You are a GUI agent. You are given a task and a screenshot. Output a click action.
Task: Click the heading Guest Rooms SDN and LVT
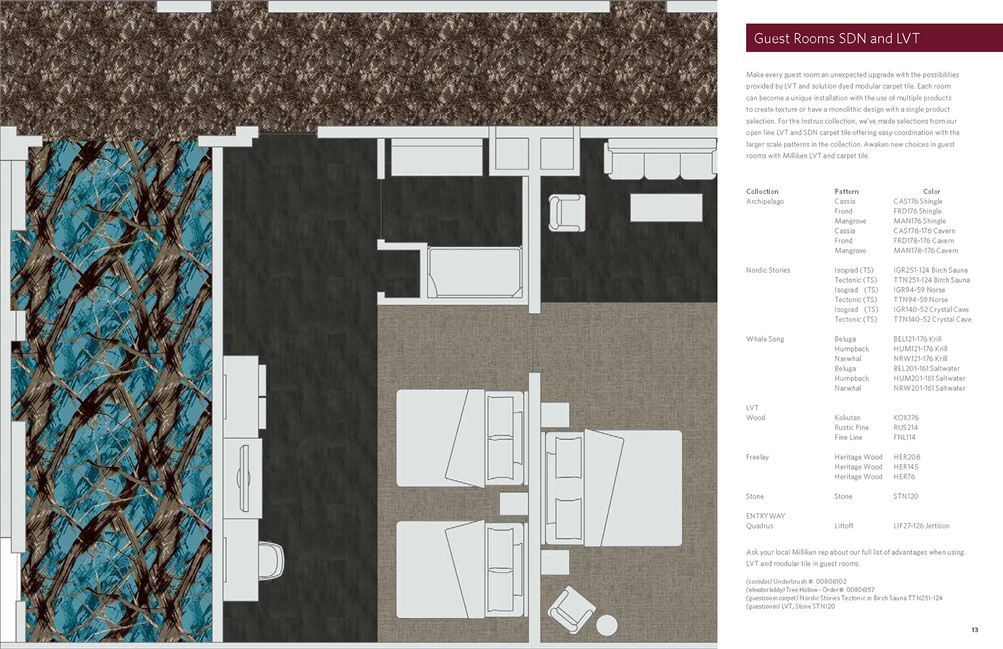pyautogui.click(x=836, y=39)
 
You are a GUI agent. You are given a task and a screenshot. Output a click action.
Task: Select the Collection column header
pyautogui.click(x=762, y=192)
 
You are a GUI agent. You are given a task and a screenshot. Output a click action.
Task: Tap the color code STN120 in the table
pyautogui.click(x=906, y=496)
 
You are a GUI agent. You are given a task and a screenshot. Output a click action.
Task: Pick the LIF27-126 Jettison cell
pyautogui.click(x=922, y=526)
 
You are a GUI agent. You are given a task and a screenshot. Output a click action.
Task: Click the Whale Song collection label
pyautogui.click(x=765, y=339)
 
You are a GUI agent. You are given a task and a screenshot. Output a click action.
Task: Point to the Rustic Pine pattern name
pyautogui.click(x=852, y=427)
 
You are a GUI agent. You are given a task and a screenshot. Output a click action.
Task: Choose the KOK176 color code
pyautogui.click(x=906, y=418)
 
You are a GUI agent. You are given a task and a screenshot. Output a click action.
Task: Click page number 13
pyautogui.click(x=975, y=630)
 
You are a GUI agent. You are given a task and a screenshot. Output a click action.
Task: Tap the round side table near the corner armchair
pyautogui.click(x=607, y=625)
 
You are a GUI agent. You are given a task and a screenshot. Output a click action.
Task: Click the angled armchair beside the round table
pyautogui.click(x=571, y=610)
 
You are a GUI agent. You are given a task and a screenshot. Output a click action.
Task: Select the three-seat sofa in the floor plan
pyautogui.click(x=660, y=159)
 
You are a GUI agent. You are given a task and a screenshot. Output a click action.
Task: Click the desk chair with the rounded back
pyautogui.click(x=271, y=561)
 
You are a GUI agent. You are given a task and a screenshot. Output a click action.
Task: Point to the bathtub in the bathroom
pyautogui.click(x=475, y=272)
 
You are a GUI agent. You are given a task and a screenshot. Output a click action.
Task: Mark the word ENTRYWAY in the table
pyautogui.click(x=765, y=516)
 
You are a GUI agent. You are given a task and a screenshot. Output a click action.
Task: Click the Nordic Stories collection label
pyautogui.click(x=768, y=270)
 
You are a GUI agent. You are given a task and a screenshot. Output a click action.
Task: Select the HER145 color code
pyautogui.click(x=906, y=467)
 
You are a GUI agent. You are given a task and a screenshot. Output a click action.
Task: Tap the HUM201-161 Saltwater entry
pyautogui.click(x=929, y=378)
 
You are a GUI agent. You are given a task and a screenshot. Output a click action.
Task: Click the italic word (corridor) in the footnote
pyautogui.click(x=759, y=582)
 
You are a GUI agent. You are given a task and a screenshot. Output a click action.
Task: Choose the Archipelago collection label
pyautogui.click(x=765, y=201)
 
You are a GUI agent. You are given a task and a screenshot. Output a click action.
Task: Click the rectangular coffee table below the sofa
pyautogui.click(x=666, y=207)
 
